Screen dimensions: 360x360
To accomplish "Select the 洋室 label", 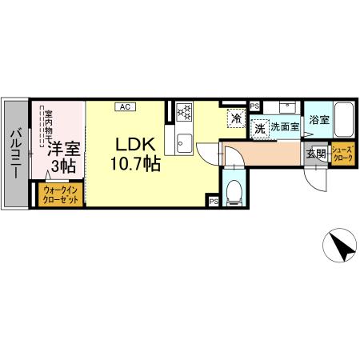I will tap(61, 148).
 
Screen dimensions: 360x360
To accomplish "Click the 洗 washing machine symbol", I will tap(259, 127).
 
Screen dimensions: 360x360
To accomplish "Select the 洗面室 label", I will tap(284, 127).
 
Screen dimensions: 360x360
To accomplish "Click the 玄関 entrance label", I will tap(315, 154).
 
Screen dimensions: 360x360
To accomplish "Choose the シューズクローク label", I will tap(342, 154).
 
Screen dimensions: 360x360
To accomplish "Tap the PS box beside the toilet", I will tap(214, 202).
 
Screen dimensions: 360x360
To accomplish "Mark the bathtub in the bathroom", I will tap(342, 121).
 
